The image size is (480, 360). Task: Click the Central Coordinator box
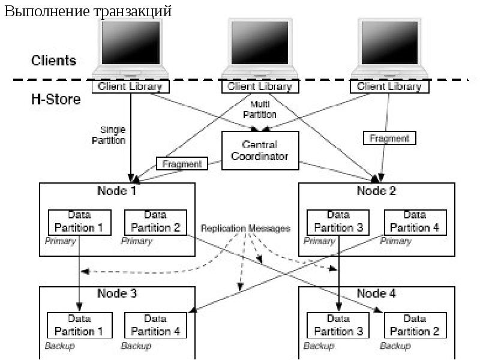(x=260, y=151)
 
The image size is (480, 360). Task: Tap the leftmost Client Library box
(x=130, y=86)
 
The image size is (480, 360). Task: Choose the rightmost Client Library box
(x=389, y=86)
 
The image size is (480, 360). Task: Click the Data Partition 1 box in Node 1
(x=80, y=221)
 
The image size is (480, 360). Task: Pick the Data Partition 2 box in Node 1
(x=155, y=221)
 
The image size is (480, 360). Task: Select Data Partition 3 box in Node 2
(x=338, y=221)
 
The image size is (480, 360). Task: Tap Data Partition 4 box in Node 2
(x=415, y=221)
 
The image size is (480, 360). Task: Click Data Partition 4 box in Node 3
(x=155, y=325)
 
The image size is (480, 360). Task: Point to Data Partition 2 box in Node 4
(x=415, y=325)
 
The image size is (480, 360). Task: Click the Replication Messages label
(x=245, y=229)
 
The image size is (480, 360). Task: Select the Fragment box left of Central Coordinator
(x=182, y=163)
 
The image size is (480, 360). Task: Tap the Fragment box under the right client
(x=389, y=138)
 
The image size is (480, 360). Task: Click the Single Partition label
(x=113, y=135)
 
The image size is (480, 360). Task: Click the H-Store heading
(x=55, y=99)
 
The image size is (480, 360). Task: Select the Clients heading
(x=53, y=61)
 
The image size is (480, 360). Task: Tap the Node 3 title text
(x=117, y=294)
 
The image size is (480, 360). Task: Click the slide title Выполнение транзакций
(x=88, y=11)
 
